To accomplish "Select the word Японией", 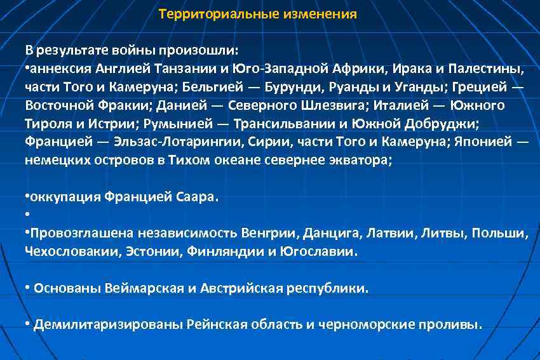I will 483,141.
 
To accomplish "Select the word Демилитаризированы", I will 108,325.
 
